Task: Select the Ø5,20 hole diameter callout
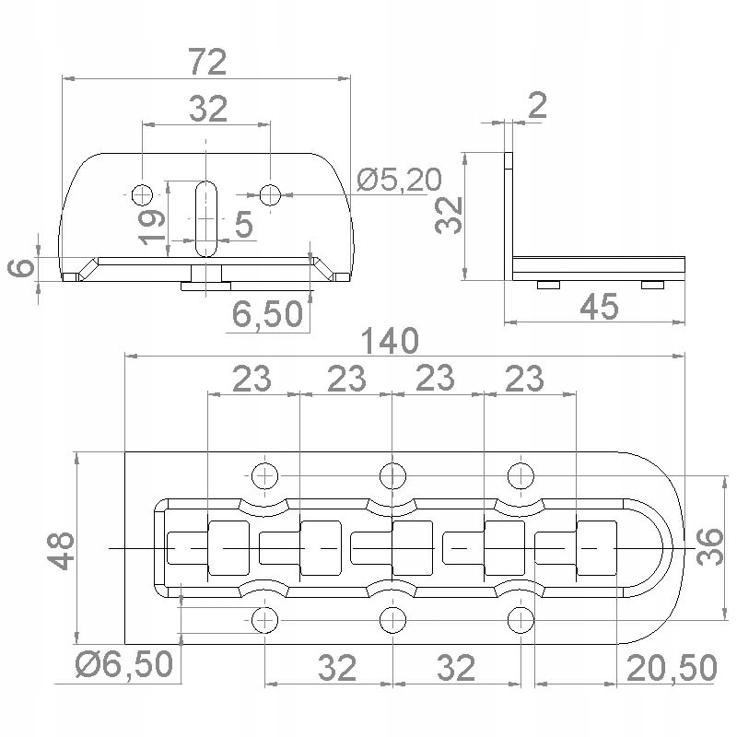pos(399,180)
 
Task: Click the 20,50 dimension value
pos(672,668)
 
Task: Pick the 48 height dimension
pos(62,549)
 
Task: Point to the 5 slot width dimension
pos(243,224)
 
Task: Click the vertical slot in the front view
pos(206,216)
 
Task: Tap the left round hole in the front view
pos(142,194)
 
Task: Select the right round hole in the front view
pos(270,194)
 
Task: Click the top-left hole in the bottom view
pos(265,475)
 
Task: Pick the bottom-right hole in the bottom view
pos(521,619)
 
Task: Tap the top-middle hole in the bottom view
pos(393,475)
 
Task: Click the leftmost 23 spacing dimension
pos(251,379)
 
